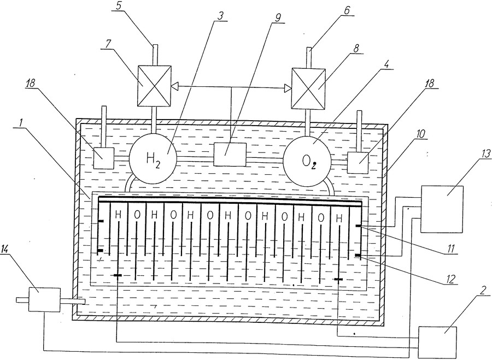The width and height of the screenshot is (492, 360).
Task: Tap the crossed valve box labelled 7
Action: (x=155, y=86)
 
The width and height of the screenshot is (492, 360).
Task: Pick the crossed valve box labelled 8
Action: (x=308, y=88)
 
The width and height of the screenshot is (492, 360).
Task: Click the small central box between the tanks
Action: (x=230, y=154)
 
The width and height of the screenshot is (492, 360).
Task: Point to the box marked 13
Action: (x=442, y=209)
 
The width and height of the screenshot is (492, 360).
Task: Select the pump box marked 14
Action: (x=44, y=299)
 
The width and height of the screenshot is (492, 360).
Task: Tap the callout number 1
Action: (x=21, y=123)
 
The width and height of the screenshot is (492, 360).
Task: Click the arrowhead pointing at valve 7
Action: (x=174, y=86)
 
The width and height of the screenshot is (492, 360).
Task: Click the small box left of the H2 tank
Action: (x=104, y=158)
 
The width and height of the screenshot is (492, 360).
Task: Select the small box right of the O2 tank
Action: (x=358, y=163)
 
